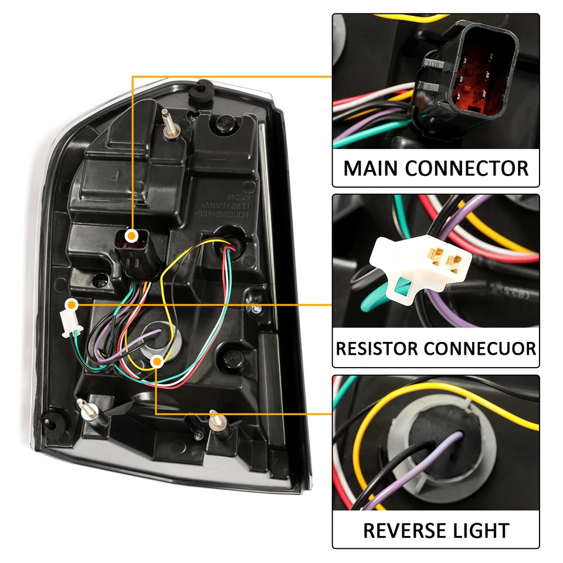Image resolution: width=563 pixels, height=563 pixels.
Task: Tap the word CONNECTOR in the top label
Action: click(467, 168)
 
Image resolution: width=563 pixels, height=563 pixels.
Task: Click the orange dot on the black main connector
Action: click(133, 236)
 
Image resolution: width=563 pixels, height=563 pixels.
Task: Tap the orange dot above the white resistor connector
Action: click(72, 305)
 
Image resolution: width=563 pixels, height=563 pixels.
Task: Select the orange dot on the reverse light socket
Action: click(157, 362)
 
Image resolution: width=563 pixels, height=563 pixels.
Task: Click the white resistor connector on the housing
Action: click(72, 323)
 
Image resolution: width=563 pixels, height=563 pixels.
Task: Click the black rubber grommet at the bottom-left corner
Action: click(50, 419)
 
